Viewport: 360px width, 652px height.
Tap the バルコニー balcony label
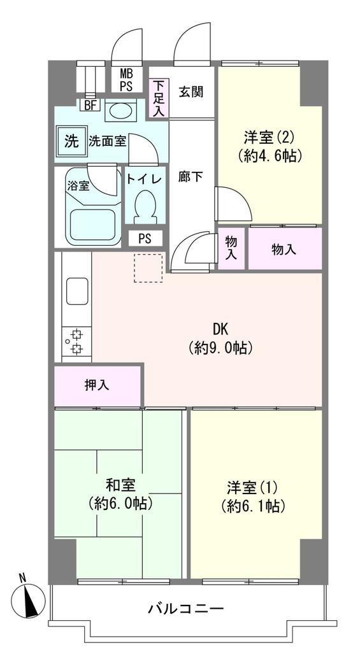pyautogui.click(x=185, y=609)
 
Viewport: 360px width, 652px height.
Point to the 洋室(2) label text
pyautogui.click(x=268, y=137)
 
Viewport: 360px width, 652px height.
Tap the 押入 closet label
pyautogui.click(x=97, y=386)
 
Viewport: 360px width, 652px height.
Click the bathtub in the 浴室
pyautogui.click(x=94, y=223)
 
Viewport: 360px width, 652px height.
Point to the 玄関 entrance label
pyautogui.click(x=190, y=92)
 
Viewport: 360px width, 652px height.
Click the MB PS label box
pyautogui.click(x=126, y=80)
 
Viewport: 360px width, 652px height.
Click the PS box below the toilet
pyautogui.click(x=145, y=239)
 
